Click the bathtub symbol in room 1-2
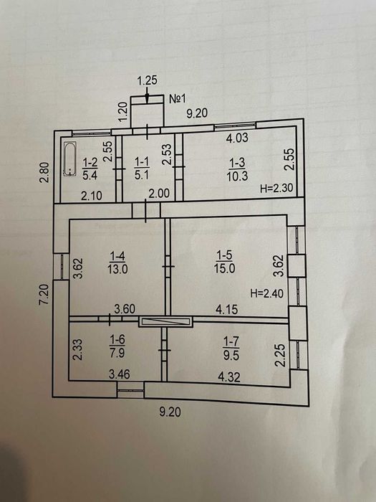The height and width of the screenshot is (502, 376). point(69,158)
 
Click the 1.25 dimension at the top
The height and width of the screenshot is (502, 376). point(147,82)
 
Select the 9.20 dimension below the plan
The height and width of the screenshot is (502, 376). point(170,412)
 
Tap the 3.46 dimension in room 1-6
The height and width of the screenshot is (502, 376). point(119,374)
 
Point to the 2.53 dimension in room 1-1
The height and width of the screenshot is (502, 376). point(167,153)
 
